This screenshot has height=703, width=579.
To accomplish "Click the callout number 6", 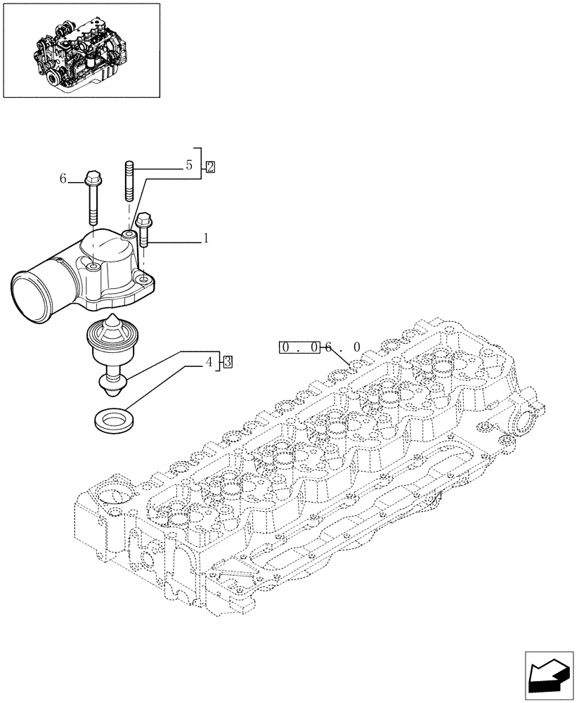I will [x=63, y=179].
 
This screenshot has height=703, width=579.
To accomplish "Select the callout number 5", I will [x=188, y=166].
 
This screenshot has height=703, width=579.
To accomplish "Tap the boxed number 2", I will [x=209, y=167].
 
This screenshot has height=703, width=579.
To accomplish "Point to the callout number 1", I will [x=205, y=239].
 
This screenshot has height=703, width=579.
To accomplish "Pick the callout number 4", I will [x=209, y=363].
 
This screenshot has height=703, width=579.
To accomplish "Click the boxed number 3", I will [x=228, y=363].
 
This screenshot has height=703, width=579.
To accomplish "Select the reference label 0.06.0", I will [x=320, y=347].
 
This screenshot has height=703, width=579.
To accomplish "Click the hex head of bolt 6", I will [x=92, y=178].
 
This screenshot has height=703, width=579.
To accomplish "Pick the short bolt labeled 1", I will [x=144, y=228].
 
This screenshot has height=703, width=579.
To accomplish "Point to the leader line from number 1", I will [x=176, y=241].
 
